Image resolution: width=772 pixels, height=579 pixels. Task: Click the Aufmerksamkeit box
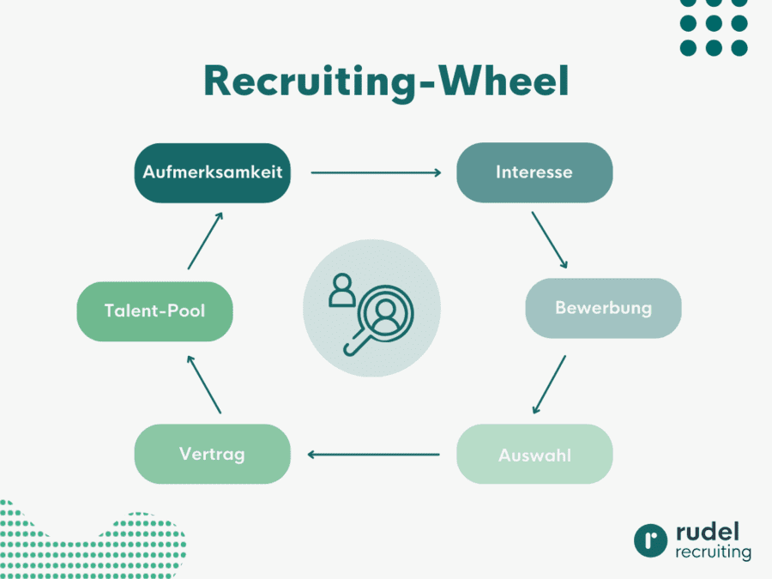213,172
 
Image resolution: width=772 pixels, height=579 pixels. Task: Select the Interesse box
534,172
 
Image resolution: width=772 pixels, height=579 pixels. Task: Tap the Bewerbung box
603,308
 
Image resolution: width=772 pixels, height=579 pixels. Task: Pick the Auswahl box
534,455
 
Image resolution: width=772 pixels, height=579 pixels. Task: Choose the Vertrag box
212,454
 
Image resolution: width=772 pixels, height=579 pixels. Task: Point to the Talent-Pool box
154,311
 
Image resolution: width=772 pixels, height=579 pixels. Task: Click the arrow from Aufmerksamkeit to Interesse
376,172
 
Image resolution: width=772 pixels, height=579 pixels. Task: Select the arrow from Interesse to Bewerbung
549,239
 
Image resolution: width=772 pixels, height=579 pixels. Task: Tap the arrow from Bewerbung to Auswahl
549,383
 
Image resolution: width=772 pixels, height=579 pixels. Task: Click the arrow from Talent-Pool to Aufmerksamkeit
205,240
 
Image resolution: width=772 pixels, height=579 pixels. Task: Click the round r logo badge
651,540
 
